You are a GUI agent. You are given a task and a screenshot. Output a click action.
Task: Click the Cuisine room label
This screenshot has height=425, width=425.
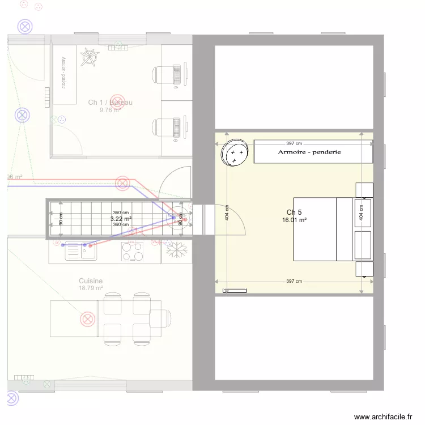click(x=91, y=281)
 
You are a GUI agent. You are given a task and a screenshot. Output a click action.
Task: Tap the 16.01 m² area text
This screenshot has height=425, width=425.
click(x=295, y=220)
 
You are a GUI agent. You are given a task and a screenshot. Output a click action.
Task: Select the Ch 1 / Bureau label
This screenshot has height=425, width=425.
click(x=110, y=103)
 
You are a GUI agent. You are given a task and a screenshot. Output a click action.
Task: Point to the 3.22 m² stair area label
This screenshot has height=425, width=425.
click(x=121, y=218)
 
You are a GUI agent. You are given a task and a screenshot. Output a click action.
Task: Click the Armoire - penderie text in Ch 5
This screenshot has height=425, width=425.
click(x=309, y=152)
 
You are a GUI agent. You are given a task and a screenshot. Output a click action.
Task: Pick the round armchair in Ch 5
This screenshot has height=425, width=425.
click(x=235, y=153)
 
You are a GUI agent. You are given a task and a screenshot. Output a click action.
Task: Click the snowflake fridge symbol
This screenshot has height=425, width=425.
click(x=176, y=250)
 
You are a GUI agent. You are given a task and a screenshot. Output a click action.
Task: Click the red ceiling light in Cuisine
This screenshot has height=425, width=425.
click(x=88, y=320)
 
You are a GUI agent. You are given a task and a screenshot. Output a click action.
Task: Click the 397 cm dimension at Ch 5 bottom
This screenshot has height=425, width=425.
click(x=294, y=281)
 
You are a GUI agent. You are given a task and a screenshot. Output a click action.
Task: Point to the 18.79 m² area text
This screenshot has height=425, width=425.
click(x=91, y=288)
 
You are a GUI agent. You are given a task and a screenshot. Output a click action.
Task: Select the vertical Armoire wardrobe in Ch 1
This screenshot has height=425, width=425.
click(x=65, y=74)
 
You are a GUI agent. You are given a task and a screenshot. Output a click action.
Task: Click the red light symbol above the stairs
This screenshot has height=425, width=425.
click(x=122, y=183)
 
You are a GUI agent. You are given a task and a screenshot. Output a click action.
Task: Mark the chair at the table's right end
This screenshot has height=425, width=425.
click(x=161, y=318)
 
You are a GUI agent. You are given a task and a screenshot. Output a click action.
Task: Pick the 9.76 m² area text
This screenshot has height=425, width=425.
click(x=109, y=110)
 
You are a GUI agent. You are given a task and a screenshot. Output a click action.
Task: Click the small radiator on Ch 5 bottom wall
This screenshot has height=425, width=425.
click(x=235, y=291)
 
